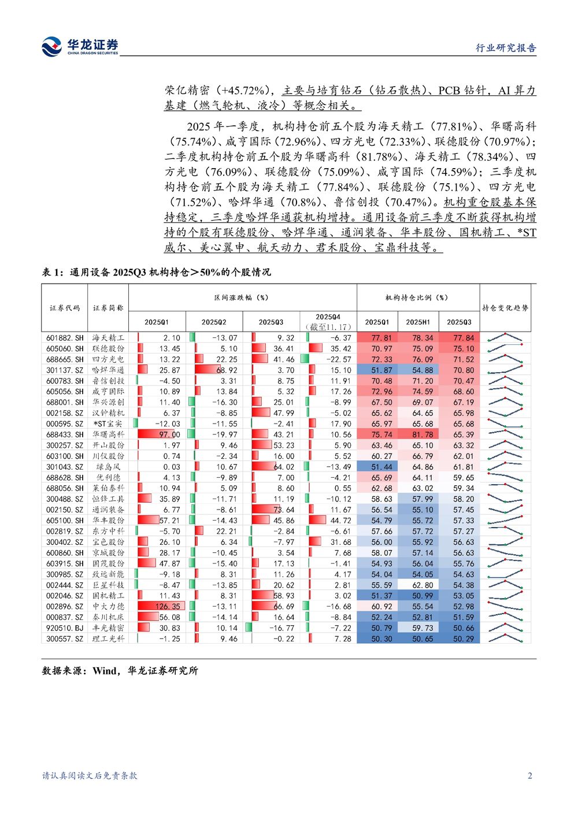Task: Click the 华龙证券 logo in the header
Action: (80, 46)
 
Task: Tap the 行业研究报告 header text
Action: (506, 48)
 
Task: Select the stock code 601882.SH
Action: (65, 338)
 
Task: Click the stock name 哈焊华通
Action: (108, 370)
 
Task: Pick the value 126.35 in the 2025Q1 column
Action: (168, 607)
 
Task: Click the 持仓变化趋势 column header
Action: (505, 308)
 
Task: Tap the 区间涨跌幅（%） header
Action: (242, 298)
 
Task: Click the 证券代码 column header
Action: (65, 308)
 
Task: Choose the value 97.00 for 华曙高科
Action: (169, 435)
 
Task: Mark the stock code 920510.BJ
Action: (65, 628)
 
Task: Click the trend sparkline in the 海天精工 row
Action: (505, 338)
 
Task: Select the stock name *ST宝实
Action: (108, 424)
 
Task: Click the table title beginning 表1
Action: (156, 272)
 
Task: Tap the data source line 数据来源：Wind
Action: (120, 671)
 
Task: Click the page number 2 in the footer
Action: (530, 776)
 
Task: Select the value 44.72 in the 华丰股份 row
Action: (340, 521)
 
